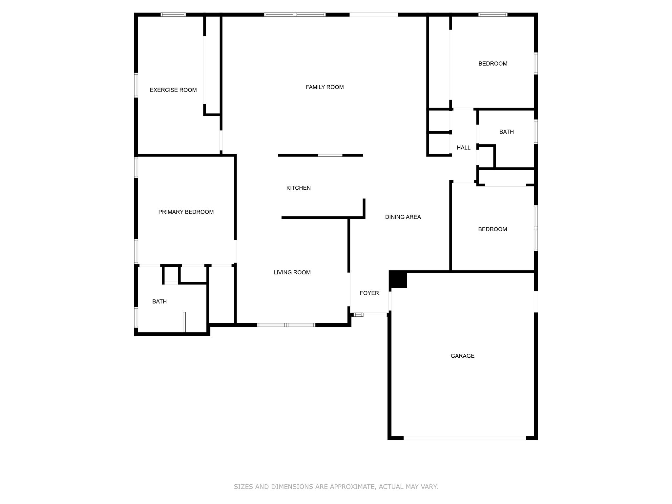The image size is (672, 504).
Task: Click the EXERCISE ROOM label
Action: coord(173,90)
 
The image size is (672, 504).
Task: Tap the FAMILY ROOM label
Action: coord(325,87)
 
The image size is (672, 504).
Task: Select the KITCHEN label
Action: coord(299,188)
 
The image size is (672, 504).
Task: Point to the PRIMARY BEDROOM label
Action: coord(186,212)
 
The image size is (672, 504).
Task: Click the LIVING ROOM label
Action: coord(292,272)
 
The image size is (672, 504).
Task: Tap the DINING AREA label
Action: coord(403,217)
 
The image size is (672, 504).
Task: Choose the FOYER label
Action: coord(369,293)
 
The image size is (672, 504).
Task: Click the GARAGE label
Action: coord(463,356)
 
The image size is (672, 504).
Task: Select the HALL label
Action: coord(464,148)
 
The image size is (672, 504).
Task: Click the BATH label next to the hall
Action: coord(507,132)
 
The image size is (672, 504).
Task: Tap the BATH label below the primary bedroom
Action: coord(159,302)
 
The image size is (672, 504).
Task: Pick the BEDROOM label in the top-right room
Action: coord(493,64)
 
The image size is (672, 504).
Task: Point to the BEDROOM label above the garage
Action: coord(493,229)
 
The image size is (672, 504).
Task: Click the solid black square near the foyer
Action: coord(398,279)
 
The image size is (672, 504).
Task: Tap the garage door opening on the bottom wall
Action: coord(465,438)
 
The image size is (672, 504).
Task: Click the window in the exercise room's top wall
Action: coord(173,14)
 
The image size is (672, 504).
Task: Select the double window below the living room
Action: coord(286,325)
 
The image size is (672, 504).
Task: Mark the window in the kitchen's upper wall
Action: coord(330,155)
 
